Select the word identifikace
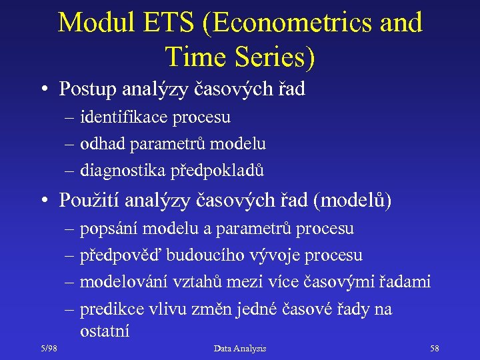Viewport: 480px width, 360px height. (x=121, y=117)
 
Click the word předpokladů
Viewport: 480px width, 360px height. (x=217, y=171)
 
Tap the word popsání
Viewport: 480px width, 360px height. (x=109, y=229)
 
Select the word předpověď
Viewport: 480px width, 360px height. (x=121, y=255)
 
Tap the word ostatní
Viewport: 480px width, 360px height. (x=104, y=331)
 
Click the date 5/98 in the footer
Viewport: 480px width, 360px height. (x=49, y=349)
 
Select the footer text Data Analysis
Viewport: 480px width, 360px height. (x=240, y=349)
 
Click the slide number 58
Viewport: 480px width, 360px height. (x=434, y=349)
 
